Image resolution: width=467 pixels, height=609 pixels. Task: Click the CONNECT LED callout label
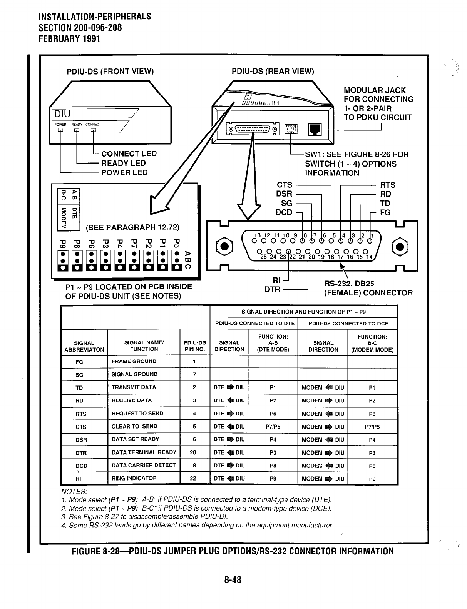point(129,154)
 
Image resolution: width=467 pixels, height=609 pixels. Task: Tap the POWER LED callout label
point(124,172)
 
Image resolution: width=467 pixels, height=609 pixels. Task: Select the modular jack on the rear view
point(315,129)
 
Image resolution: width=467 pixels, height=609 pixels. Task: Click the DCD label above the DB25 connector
point(284,212)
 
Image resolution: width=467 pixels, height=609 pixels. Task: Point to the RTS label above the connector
point(388,185)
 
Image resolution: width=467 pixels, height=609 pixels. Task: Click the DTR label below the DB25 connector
point(272,289)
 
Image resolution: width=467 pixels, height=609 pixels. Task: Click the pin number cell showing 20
point(193,452)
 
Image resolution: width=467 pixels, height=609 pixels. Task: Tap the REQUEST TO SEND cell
point(137,414)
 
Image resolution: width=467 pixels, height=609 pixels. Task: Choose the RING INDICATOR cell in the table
point(134,478)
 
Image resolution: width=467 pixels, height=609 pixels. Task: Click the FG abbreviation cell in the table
point(79,362)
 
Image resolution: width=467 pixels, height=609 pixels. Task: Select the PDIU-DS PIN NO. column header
point(194,346)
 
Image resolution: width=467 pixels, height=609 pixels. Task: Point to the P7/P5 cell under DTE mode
point(273,427)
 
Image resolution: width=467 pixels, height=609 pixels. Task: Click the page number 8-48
point(233,580)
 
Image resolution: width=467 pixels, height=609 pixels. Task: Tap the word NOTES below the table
point(74,491)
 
